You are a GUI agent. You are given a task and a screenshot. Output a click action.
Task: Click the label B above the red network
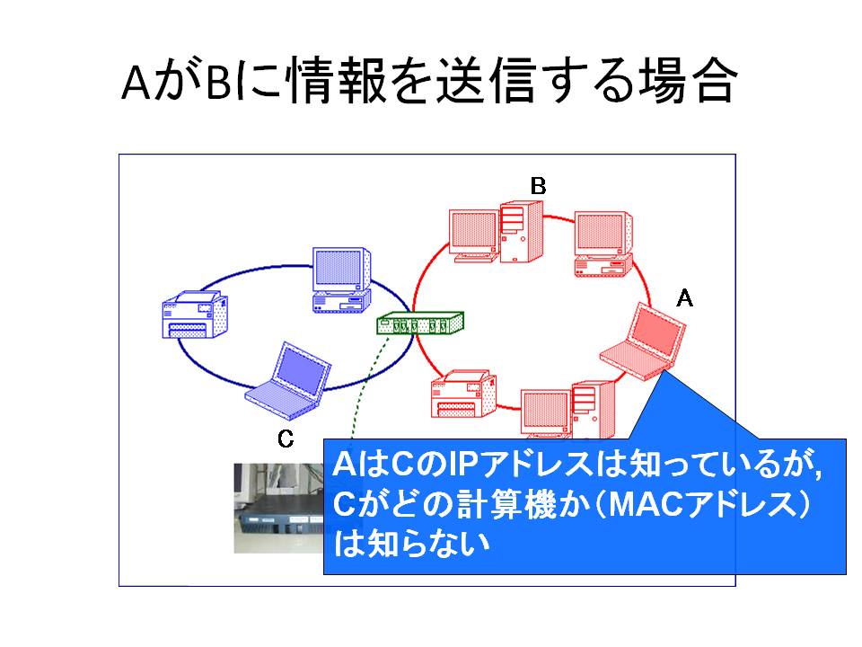pos(538,186)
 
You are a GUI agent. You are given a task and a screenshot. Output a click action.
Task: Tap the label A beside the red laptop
pos(684,298)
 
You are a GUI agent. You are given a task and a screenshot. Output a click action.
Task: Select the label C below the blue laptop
pos(286,439)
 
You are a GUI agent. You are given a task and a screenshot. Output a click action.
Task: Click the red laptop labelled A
pos(643,342)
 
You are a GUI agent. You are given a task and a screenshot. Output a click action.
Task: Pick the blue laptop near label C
pos(288,381)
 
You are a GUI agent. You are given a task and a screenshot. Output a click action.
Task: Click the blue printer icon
pos(195,315)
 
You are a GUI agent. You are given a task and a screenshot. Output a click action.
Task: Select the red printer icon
pos(463,394)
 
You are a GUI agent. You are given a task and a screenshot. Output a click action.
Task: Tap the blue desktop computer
pos(341,280)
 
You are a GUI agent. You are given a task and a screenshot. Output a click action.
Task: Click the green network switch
pos(420,323)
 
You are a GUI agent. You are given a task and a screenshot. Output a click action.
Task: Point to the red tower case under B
pos(521,232)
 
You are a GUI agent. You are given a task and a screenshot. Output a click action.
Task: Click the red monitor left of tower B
pos(474,235)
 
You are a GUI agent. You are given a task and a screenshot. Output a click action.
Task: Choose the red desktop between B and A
pos(603,244)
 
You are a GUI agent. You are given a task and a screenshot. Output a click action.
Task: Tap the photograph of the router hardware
pos(278,508)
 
